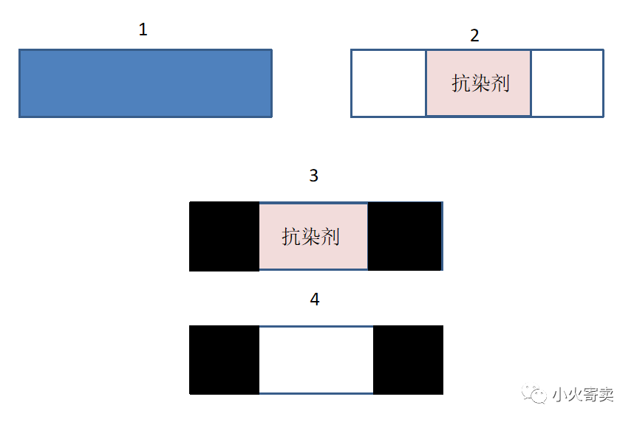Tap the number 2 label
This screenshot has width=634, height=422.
475,35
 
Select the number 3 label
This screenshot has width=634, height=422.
314,176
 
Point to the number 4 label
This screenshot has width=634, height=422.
315,300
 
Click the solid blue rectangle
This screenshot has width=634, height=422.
146,83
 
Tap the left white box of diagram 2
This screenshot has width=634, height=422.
389,83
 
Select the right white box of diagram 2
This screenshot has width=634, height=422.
567,83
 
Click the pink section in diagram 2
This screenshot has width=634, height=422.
478,103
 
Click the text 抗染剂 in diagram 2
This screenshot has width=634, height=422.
481,83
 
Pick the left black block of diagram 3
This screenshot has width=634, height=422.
225,236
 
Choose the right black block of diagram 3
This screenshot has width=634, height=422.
404,236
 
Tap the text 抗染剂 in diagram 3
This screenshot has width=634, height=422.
310,237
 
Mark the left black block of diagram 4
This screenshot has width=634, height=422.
225,360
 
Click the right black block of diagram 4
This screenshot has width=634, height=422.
408,360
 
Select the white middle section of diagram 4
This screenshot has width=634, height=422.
316,360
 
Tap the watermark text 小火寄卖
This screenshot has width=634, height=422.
583,395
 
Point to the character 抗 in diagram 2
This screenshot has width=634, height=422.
462,83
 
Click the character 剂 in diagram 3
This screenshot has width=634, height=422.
330,237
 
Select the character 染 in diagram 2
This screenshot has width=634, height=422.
481,83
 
